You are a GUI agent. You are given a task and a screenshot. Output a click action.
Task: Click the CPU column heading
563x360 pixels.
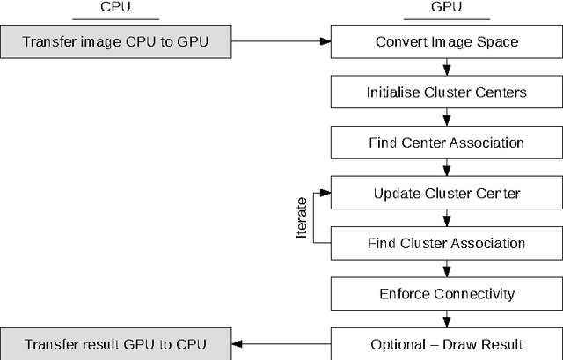[116, 7]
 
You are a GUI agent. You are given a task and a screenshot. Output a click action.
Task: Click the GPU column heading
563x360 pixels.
[446, 7]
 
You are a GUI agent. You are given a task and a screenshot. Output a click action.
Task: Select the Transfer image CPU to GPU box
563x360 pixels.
[116, 41]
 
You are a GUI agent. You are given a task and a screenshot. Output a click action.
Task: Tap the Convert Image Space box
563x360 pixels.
[446, 41]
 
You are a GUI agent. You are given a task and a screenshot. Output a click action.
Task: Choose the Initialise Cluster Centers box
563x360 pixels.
[446, 92]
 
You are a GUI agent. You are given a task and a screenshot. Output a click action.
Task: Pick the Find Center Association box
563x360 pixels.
[446, 143]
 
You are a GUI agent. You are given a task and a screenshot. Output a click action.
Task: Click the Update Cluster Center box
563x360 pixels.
[446, 193]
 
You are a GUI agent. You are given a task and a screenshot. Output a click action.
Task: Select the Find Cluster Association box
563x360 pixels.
[446, 243]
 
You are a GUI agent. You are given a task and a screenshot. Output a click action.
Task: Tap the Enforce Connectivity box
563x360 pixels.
[446, 293]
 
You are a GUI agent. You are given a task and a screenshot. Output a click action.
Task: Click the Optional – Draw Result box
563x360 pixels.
[446, 343]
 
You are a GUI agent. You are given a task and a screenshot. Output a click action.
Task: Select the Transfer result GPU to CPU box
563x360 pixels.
[116, 343]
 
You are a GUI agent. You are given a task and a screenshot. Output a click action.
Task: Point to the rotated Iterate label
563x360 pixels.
[302, 218]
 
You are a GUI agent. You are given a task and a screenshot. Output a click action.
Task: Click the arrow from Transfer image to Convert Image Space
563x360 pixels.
[281, 41]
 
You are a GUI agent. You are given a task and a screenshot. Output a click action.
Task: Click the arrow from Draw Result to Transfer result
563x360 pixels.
[281, 343]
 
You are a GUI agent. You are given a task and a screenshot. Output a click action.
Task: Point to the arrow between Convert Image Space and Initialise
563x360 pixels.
[448, 67]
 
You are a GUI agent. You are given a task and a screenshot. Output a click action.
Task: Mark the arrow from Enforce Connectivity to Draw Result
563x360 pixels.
[448, 318]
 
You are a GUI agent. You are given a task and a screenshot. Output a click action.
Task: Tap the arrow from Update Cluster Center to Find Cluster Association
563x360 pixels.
[448, 217]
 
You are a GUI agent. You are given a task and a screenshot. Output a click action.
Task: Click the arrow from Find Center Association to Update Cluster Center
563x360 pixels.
[448, 167]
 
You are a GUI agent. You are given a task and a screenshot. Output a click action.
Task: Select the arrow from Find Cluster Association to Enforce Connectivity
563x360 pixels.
[448, 268]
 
